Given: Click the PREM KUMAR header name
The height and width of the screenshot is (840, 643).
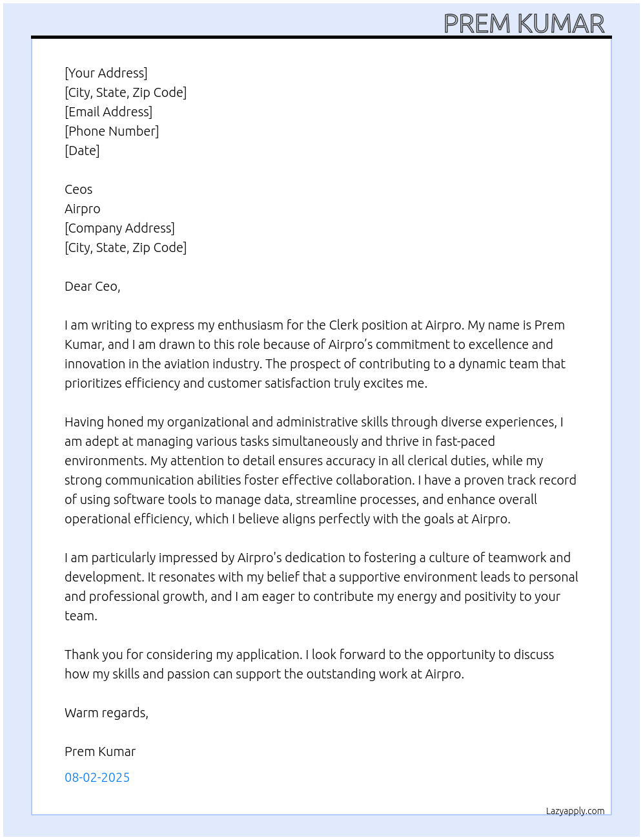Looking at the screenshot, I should (524, 24).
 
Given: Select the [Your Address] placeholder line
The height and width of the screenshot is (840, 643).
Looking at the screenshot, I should (106, 73).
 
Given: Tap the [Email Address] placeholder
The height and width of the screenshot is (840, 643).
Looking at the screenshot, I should (108, 112).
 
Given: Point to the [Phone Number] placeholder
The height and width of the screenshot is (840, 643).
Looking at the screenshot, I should (112, 131).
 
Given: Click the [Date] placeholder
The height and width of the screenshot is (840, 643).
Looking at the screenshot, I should (82, 151).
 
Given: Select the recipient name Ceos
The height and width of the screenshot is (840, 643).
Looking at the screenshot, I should (78, 189).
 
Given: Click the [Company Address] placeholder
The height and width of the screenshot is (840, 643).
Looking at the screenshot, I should (119, 228).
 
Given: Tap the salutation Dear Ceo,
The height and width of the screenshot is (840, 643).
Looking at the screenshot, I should (92, 286).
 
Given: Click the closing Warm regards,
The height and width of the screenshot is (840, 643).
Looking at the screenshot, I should (107, 713).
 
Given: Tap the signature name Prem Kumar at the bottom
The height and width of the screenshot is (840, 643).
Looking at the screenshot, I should (100, 751).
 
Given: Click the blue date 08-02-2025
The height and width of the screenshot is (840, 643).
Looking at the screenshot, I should (97, 777).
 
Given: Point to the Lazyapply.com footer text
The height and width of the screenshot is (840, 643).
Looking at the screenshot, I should (575, 811).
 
